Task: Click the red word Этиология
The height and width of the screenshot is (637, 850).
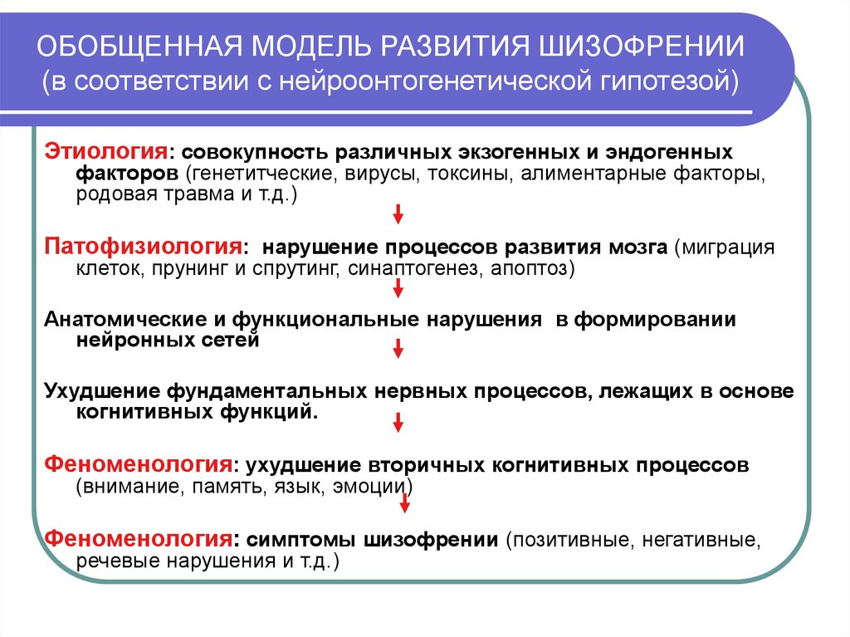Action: click(x=106, y=153)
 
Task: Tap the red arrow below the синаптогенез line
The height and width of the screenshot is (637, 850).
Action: click(x=398, y=287)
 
